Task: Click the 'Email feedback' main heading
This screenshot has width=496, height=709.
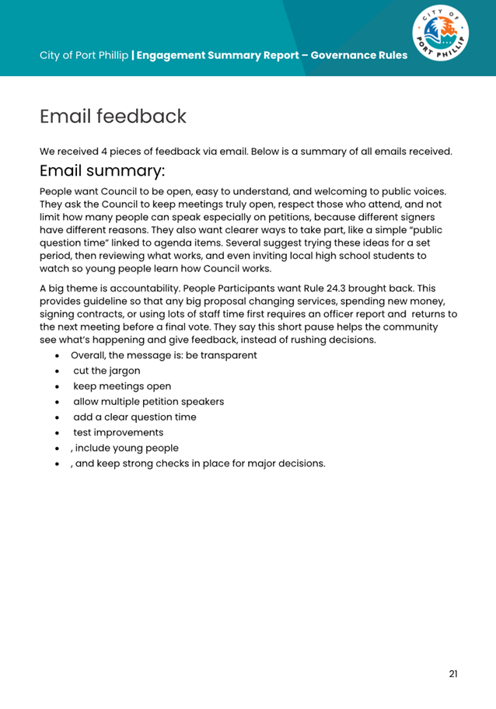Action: coord(113,117)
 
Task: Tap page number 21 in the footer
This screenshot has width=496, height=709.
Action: coord(453,673)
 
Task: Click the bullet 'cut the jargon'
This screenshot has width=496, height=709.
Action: coord(107,371)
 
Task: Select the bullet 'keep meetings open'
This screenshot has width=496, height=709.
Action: coord(122,386)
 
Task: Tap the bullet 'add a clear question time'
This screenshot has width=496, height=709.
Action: coord(134,417)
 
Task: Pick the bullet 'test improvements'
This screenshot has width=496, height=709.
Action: coord(118,432)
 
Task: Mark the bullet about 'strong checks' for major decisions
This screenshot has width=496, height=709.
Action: coord(197,463)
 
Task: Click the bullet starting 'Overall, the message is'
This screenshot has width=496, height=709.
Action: coord(163,355)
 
